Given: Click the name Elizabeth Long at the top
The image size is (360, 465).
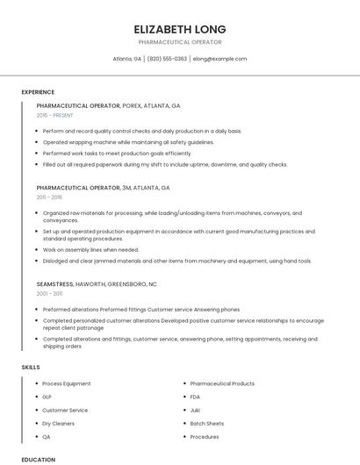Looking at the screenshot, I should (179, 29).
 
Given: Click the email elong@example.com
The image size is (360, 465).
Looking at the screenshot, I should (220, 59).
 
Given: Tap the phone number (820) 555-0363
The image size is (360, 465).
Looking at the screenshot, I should (167, 59).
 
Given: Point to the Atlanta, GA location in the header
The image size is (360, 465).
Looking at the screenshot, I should (127, 59).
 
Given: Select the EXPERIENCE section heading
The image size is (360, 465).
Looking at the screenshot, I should (38, 92).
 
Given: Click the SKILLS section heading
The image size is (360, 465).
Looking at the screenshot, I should (31, 367).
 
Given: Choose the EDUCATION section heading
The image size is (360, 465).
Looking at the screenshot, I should (38, 459).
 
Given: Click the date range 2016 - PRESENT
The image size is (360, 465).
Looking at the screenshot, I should (56, 115).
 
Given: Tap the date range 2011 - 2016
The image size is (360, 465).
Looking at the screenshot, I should (49, 197).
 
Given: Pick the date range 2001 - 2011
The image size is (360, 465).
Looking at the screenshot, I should (49, 294).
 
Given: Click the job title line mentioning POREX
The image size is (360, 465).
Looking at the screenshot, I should (108, 105).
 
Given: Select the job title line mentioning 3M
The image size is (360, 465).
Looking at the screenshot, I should (103, 188).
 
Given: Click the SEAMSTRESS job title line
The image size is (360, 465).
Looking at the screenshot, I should (97, 284).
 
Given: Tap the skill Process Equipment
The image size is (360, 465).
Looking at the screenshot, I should (67, 383).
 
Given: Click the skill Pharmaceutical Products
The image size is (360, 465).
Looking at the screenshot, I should (222, 383).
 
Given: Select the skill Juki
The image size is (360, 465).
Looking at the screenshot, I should (195, 410).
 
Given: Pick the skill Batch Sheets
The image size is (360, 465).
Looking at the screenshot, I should (207, 423).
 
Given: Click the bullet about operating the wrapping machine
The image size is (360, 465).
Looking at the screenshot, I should (128, 142).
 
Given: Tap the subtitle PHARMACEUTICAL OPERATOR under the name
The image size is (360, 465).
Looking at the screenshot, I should (179, 42).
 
